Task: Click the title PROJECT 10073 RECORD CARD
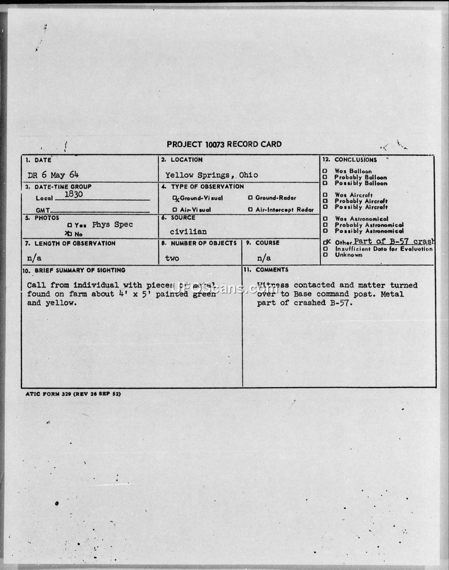point(224,144)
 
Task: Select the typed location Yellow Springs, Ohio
point(212,174)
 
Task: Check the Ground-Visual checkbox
point(175,198)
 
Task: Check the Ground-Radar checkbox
point(250,198)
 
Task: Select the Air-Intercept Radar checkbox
point(250,210)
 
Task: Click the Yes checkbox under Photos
point(70,225)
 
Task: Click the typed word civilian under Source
point(188,231)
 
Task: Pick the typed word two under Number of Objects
point(172,258)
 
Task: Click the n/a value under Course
point(264,258)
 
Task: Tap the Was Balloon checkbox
point(325,171)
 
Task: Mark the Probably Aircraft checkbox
point(325,201)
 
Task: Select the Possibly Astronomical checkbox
point(325,231)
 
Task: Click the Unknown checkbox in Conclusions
point(325,255)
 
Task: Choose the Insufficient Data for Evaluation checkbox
point(325,249)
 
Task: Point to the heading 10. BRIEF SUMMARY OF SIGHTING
point(74,270)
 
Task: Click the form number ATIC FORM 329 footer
point(73,394)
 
